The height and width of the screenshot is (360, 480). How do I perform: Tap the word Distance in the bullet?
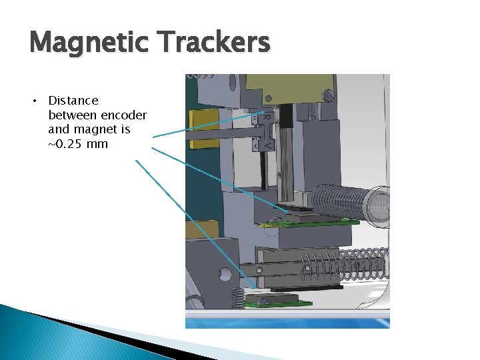[x=73, y=101]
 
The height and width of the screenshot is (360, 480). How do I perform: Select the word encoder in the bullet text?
[x=123, y=115]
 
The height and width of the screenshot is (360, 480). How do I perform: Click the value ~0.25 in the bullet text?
[x=69, y=144]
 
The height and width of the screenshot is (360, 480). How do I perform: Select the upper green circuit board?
[x=313, y=223]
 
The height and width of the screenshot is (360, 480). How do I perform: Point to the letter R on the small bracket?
[x=265, y=118]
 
